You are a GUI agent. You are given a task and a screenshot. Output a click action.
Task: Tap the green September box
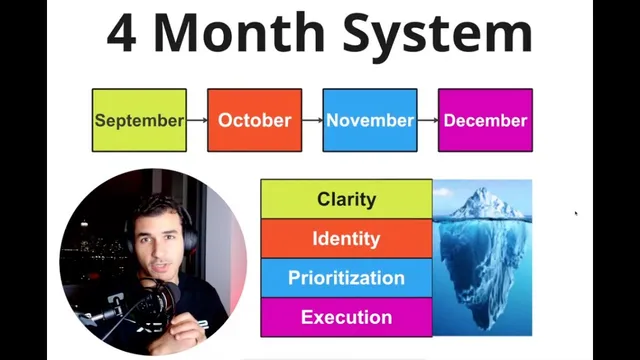click(x=139, y=120)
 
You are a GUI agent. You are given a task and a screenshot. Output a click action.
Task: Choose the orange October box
click(x=254, y=120)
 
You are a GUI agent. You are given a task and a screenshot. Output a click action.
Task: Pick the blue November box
click(x=370, y=120)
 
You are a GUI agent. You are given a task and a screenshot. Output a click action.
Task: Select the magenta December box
click(x=485, y=120)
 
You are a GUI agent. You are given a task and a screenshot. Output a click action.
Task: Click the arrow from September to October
click(x=197, y=120)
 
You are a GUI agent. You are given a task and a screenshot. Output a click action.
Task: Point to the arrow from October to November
click(x=312, y=120)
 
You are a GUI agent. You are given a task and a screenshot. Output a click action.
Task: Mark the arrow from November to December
click(x=428, y=120)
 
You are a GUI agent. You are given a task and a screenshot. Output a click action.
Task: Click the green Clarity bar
click(x=346, y=199)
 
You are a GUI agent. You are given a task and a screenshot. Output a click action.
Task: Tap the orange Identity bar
click(x=346, y=239)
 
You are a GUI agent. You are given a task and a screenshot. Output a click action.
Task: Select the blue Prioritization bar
click(x=346, y=278)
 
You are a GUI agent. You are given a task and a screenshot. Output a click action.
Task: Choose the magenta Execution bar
click(x=346, y=317)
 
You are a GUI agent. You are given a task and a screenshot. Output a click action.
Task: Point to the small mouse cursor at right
click(x=576, y=213)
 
